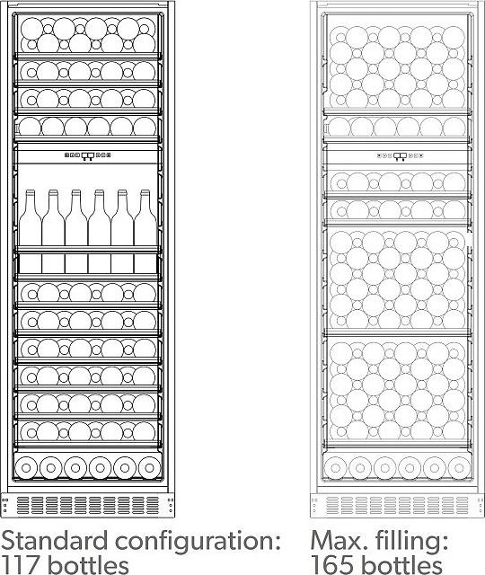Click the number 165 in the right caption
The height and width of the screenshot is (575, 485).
click(x=332, y=565)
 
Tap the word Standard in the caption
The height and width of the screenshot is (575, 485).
click(x=55, y=541)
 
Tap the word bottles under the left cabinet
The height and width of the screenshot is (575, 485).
click(x=88, y=565)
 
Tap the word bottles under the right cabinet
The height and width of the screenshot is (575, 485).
click(x=401, y=565)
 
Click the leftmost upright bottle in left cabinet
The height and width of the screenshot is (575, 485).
click(x=30, y=232)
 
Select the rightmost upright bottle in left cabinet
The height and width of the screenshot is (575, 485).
click(x=145, y=232)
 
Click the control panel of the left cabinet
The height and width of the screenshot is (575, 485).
click(x=88, y=155)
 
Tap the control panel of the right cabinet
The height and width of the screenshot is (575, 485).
click(x=400, y=156)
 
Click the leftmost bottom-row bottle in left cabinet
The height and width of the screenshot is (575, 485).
click(x=26, y=468)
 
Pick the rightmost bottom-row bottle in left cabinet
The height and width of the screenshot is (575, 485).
click(x=149, y=468)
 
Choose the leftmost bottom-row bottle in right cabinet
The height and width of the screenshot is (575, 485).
click(x=335, y=468)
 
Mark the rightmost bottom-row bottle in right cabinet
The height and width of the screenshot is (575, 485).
click(x=459, y=468)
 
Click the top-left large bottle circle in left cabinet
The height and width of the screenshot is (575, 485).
click(x=32, y=29)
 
